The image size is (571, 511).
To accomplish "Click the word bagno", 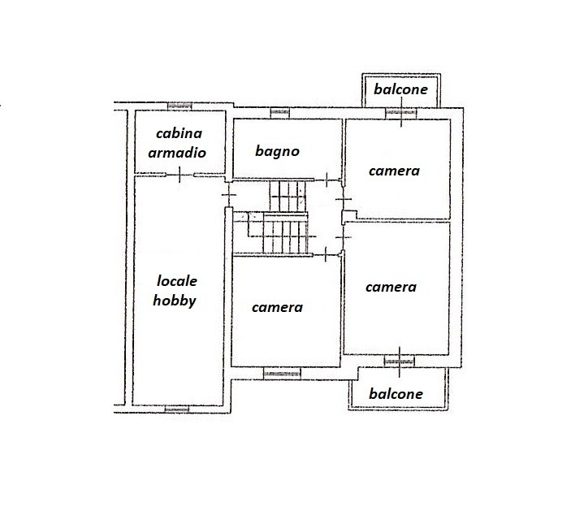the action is pos(277,152).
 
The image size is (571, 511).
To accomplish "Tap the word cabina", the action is pos(179,133).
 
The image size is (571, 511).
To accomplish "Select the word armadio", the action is pos(177,152).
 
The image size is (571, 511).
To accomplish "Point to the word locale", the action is pos(177,281).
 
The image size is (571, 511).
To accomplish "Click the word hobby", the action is pos(175,301).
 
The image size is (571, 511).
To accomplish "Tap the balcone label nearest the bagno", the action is pos(400,89).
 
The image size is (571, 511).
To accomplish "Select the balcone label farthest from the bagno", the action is pos(396,394).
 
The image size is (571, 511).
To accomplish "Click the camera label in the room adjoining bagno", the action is pos(394,171).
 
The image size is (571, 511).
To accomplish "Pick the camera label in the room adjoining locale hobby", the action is pos(277,307).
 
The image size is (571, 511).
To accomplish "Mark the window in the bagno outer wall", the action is pos(279,113).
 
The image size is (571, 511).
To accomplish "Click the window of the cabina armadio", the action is pos(180,106).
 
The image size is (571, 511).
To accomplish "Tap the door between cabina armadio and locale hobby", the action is pos(180,175).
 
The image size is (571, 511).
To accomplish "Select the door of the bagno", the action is pos(327,180).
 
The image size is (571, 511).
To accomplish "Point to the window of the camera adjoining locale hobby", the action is pos(282,374).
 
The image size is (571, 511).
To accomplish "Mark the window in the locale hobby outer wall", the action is pos(177,409).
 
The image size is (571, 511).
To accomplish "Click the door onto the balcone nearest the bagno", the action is pos(401,113).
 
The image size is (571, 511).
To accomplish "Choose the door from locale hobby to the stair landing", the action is pos(229,194).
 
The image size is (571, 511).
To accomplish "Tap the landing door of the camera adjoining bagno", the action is pos(343,199).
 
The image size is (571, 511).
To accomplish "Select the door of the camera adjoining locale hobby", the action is pos(326,254).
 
